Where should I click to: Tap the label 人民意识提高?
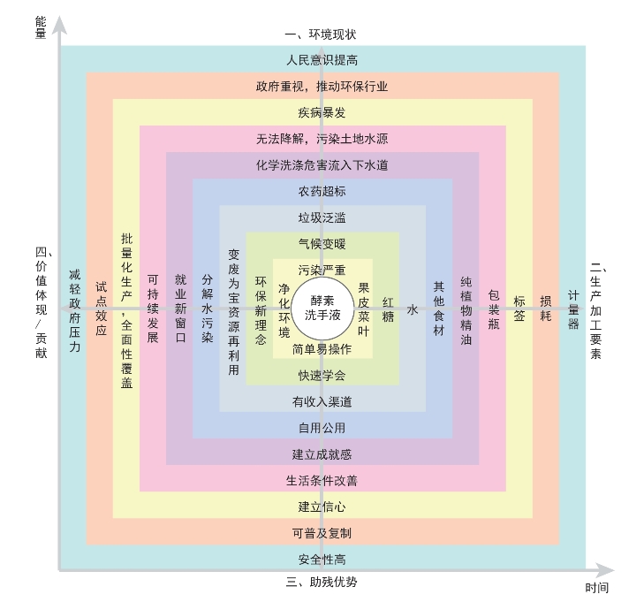(322, 60)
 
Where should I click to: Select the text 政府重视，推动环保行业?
(322, 87)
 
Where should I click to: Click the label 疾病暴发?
(322, 112)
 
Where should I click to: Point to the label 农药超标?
(322, 192)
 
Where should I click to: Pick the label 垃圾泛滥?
(322, 217)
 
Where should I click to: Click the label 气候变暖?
(322, 244)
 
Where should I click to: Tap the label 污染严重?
(322, 270)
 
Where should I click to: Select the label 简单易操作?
(322, 349)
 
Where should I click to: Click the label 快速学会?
(322, 376)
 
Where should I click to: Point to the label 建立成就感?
(322, 454)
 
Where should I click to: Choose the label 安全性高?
(322, 560)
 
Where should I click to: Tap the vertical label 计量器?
(572, 309)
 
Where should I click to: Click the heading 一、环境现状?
(321, 34)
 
